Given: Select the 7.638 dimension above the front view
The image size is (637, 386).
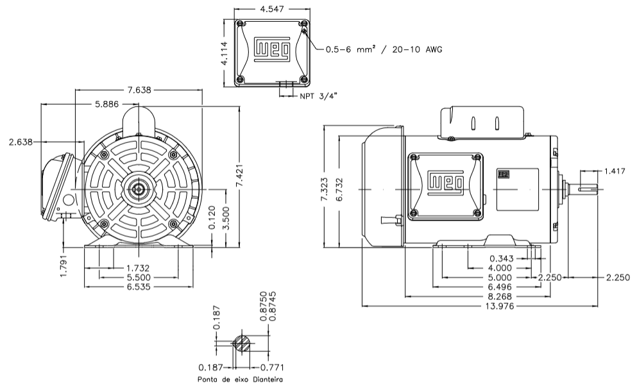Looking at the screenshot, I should coord(139,90).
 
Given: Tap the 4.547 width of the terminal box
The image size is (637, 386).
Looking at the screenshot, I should coord(273,10).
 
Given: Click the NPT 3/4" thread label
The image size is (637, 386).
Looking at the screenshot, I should coord(318,96).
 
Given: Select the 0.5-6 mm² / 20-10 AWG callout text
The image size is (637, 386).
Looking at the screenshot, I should coord(384,49).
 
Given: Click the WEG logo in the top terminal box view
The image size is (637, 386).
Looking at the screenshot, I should coord(272,50).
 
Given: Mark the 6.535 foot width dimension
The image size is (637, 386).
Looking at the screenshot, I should coord(139,287).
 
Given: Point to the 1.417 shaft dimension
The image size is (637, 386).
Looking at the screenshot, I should coord(616,171).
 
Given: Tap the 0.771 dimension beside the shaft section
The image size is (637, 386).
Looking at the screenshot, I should coord(272,367).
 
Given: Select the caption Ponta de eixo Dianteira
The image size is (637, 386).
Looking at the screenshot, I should coord(241,380).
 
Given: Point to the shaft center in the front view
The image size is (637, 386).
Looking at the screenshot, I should coord(139,190).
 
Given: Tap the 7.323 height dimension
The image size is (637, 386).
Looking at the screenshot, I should coord(326,190).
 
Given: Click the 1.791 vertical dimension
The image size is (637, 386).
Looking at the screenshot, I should coord(64,265).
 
